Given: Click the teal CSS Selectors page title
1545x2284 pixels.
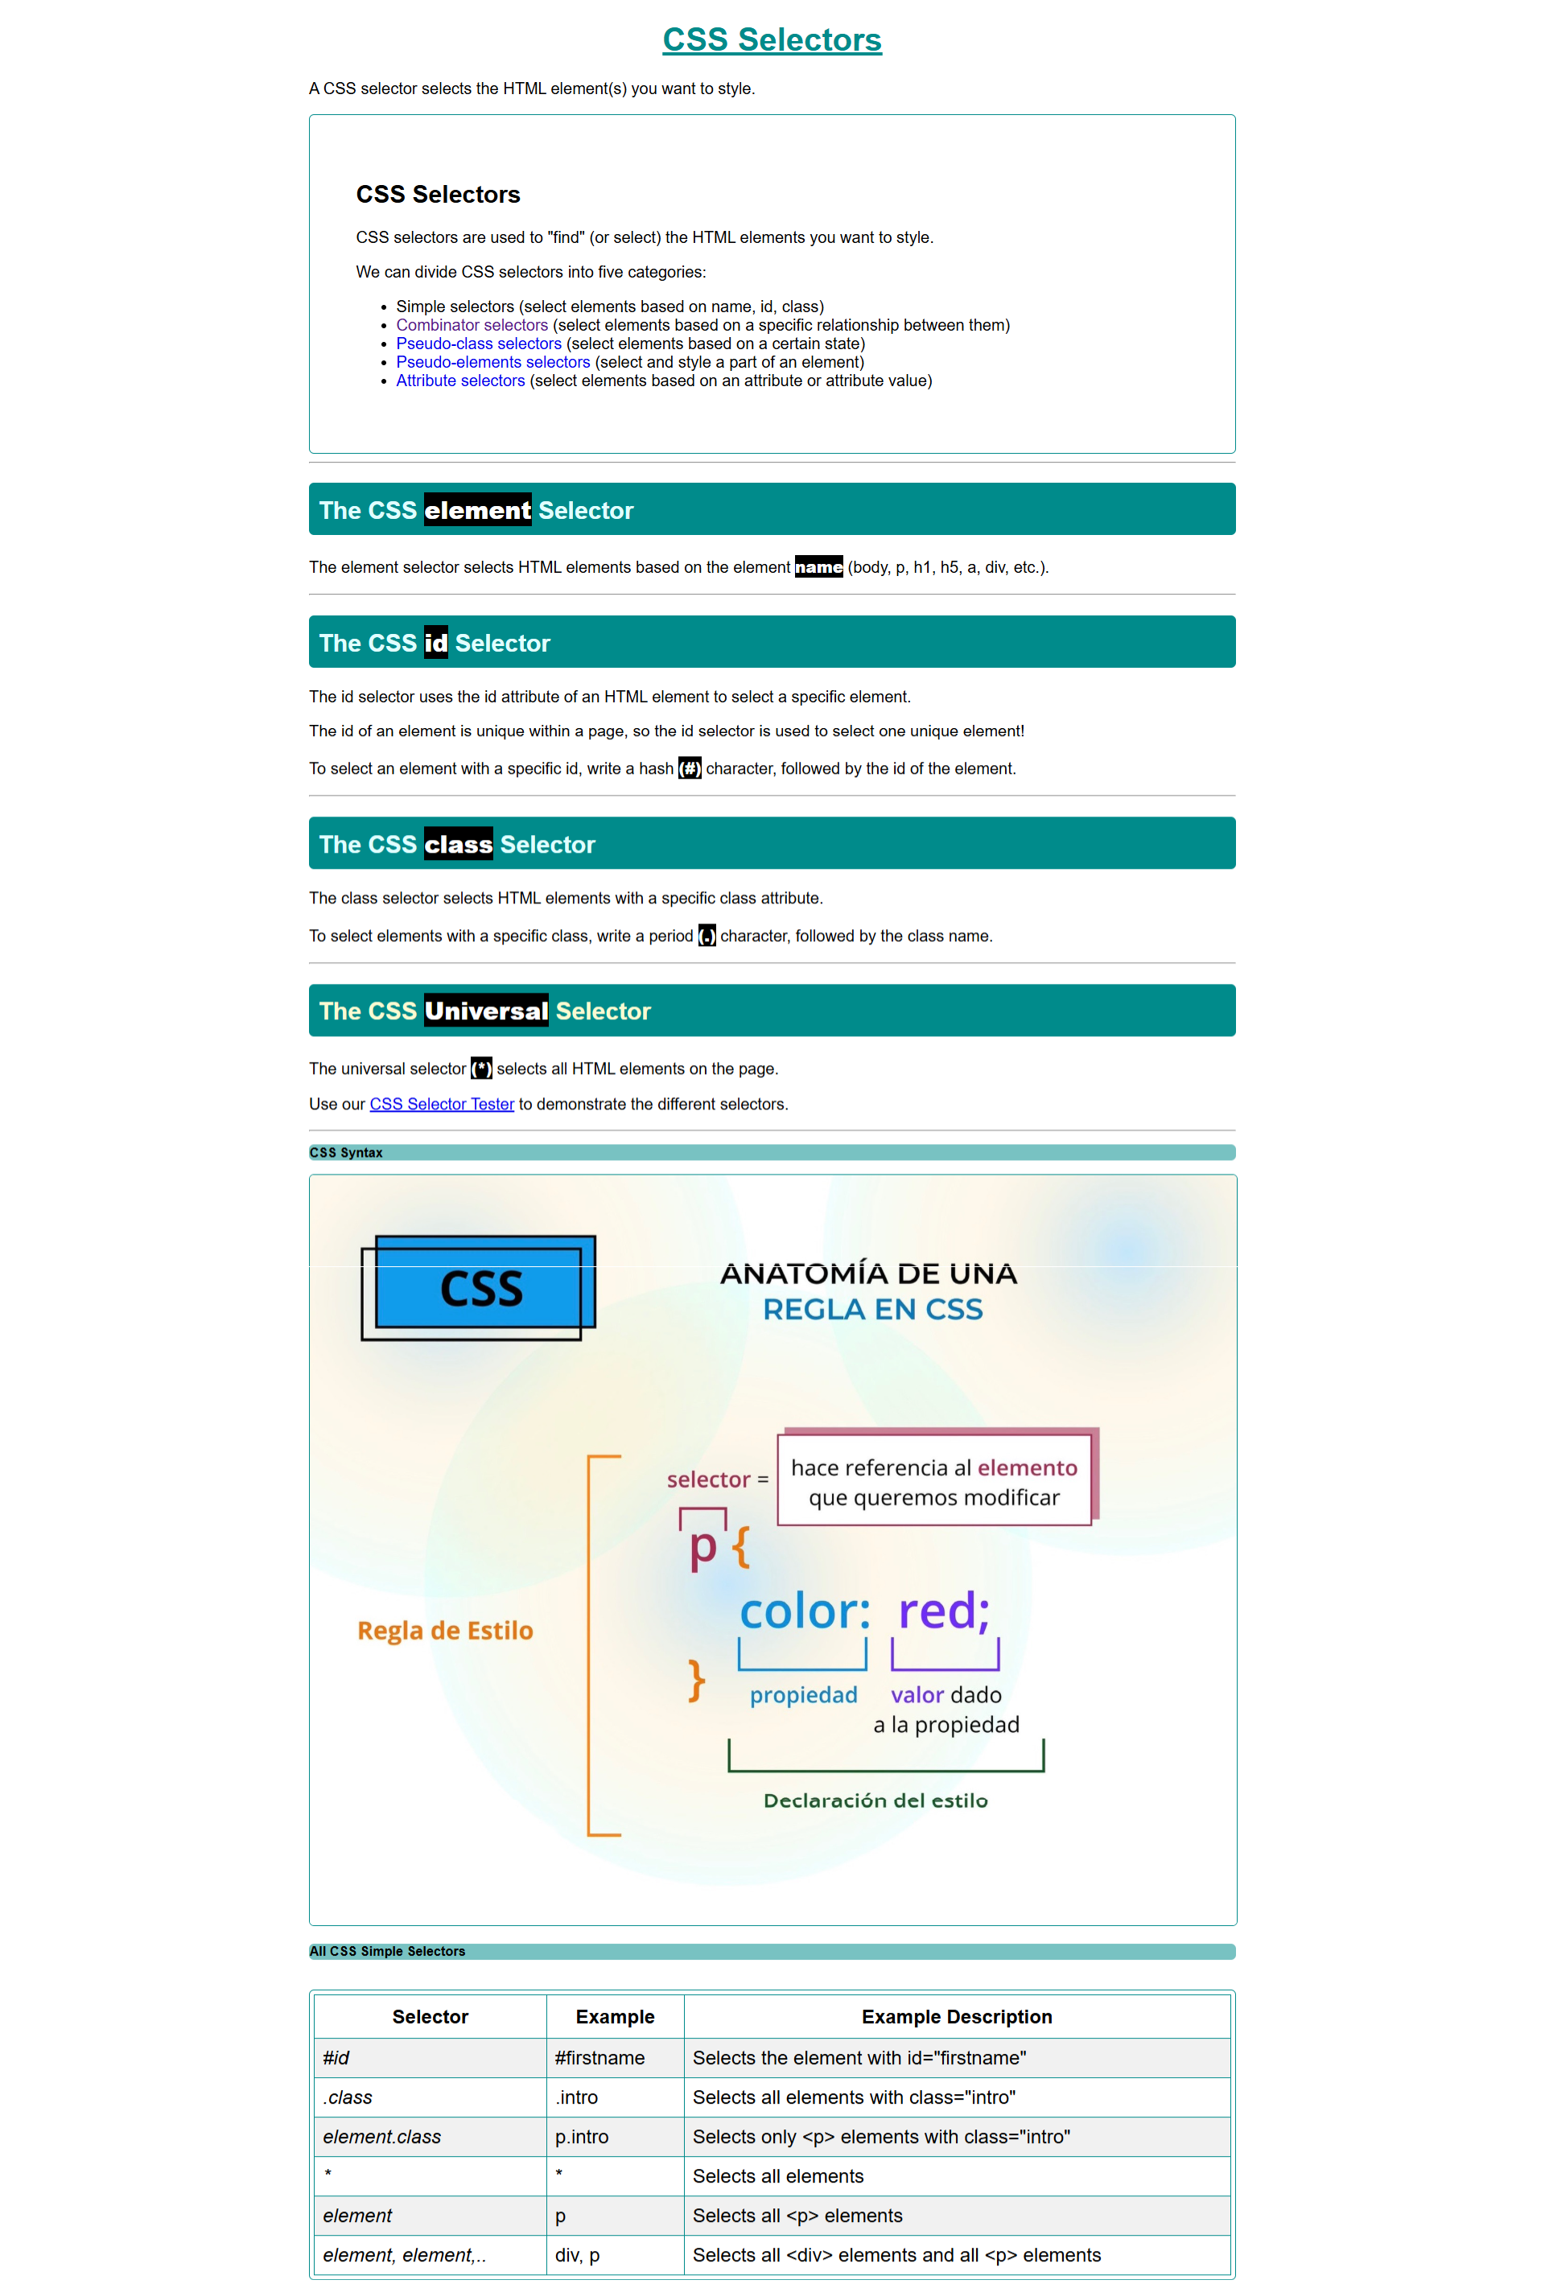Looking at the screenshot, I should pyautogui.click(x=772, y=40).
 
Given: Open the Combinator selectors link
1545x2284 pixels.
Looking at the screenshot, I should pyautogui.click(x=472, y=325).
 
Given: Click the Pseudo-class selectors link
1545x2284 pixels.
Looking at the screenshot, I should pyautogui.click(x=479, y=344).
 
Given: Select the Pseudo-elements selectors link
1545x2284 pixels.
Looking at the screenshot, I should pyautogui.click(x=492, y=363).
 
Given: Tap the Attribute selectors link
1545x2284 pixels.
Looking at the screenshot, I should pyautogui.click(x=460, y=381).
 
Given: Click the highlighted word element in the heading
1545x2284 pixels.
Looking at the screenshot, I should pyautogui.click(x=478, y=510).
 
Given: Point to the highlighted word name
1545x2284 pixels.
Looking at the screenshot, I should pyautogui.click(x=818, y=567).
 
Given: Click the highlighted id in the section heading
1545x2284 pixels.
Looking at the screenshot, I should pyautogui.click(x=435, y=643).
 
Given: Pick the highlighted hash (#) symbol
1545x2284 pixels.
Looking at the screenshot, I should pyautogui.click(x=690, y=768).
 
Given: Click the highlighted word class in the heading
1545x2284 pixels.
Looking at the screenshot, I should pyautogui.click(x=458, y=844).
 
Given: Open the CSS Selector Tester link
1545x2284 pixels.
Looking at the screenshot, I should pyautogui.click(x=441, y=1105).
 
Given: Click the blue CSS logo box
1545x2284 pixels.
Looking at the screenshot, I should pyautogui.click(x=481, y=1287).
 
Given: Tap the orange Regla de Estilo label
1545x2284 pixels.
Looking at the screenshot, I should pyautogui.click(x=445, y=1632).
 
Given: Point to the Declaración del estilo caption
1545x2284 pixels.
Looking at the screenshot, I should pyautogui.click(x=875, y=1800).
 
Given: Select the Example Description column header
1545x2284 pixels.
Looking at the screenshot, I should pyautogui.click(x=956, y=2017).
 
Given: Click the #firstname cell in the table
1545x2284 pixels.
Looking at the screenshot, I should pyautogui.click(x=599, y=2058).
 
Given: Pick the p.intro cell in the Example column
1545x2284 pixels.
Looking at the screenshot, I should pyautogui.click(x=582, y=2138).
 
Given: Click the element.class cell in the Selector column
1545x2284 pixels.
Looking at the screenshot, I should pyautogui.click(x=381, y=2138).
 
